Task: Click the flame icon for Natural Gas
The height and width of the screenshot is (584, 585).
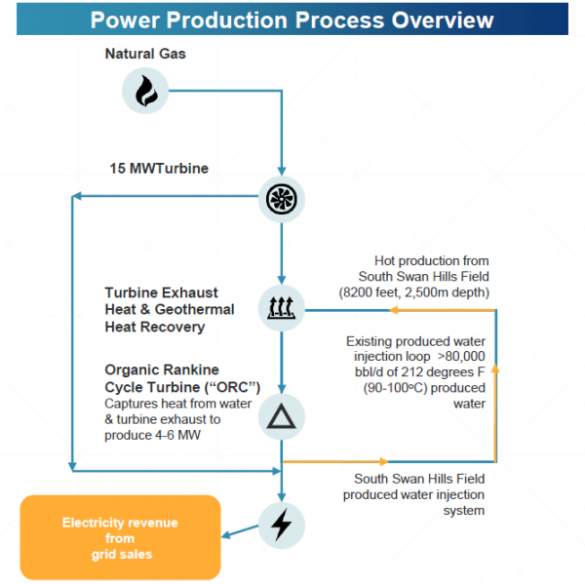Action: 145,92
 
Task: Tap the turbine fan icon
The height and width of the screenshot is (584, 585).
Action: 281,199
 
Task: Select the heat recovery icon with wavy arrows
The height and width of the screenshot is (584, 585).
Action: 281,310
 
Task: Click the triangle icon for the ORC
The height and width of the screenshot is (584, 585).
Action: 281,418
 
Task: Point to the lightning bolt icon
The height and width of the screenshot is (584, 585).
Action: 281,525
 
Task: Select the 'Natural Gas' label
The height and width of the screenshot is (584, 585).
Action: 145,54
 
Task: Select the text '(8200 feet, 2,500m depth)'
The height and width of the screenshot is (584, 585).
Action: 414,292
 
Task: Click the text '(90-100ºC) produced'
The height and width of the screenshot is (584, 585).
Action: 422,388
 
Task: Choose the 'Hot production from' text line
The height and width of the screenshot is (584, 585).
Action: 431,261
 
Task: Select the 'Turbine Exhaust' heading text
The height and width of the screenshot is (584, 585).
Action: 161,292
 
